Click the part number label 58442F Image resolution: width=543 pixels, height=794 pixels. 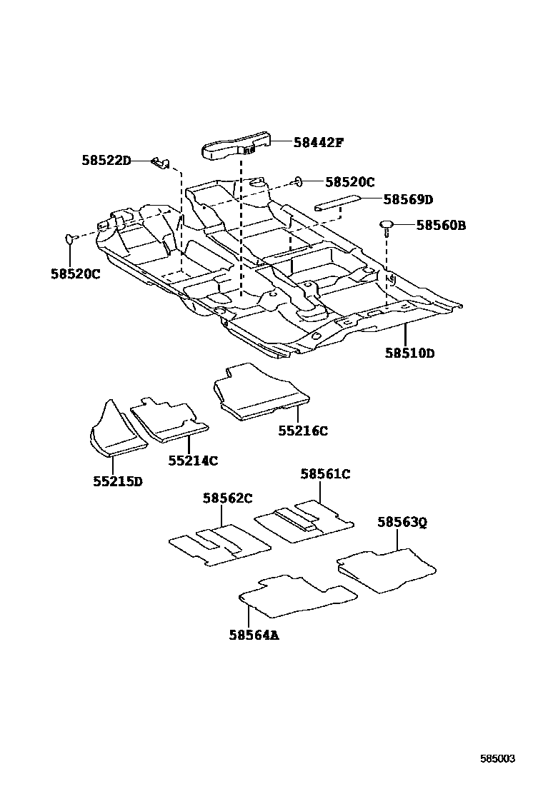pos(318,142)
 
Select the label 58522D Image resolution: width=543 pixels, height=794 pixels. pos(106,161)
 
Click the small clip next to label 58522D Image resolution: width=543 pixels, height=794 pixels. pos(161,164)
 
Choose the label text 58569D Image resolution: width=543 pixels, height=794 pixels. pos(408,199)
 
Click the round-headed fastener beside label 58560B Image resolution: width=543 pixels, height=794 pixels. pos(387,227)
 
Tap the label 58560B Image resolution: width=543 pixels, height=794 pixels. pos(440,226)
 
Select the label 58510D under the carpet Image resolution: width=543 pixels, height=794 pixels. pos(409,353)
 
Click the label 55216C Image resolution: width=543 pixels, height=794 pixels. pos(303,431)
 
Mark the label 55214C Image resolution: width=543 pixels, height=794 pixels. pos(193,461)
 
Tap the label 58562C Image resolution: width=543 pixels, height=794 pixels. pos(227,498)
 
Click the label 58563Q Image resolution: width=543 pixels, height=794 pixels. pos(402,522)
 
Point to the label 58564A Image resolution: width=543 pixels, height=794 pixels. pos(254,634)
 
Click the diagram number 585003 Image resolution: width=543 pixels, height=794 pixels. pos(497,759)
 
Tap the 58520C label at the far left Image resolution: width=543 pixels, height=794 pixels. pos(76,273)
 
